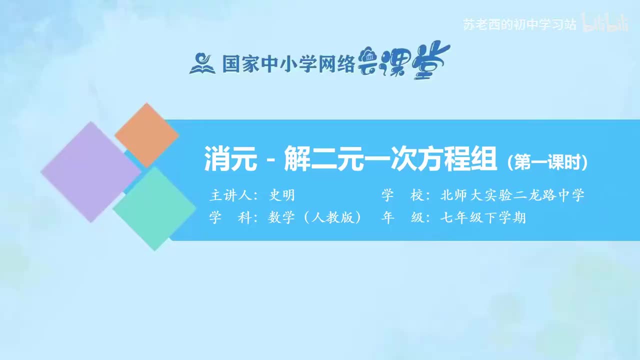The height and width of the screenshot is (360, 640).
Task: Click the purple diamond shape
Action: tap(90, 172)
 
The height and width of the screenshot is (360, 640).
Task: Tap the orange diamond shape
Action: tap(146, 135)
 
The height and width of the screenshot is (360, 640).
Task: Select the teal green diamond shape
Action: tap(154, 208)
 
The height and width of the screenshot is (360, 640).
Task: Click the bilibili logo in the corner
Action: tap(606, 23)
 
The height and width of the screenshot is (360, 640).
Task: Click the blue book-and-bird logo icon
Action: tap(202, 63)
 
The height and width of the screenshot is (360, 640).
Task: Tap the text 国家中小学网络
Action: tap(288, 63)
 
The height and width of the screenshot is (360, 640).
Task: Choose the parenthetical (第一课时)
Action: tap(547, 163)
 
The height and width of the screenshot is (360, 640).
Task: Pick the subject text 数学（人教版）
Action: tap(315, 218)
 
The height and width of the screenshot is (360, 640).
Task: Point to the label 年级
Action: tap(398, 218)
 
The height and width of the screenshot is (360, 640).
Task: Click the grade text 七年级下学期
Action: tap(483, 218)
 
